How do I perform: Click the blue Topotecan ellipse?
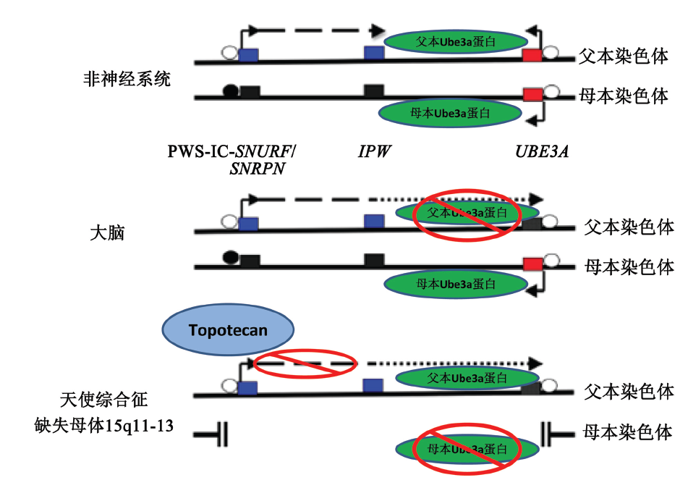229,331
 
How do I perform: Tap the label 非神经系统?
127,79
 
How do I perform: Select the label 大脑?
107,233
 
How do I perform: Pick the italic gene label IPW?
373,151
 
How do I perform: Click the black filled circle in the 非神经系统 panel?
230,92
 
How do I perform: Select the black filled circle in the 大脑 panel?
230,256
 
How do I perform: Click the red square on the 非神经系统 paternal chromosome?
533,56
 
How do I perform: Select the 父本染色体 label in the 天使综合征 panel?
629,392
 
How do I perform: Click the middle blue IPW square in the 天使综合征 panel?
373,385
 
